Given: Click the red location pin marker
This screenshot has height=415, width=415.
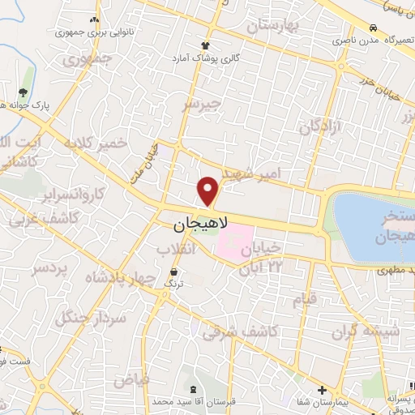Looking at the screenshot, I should tap(208, 190).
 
